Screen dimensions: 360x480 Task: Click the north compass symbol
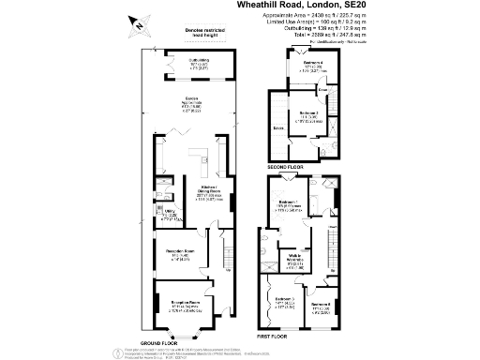point(140,25)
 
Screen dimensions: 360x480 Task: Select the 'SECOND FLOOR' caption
point(286,168)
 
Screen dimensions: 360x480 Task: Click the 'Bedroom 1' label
point(290,202)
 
